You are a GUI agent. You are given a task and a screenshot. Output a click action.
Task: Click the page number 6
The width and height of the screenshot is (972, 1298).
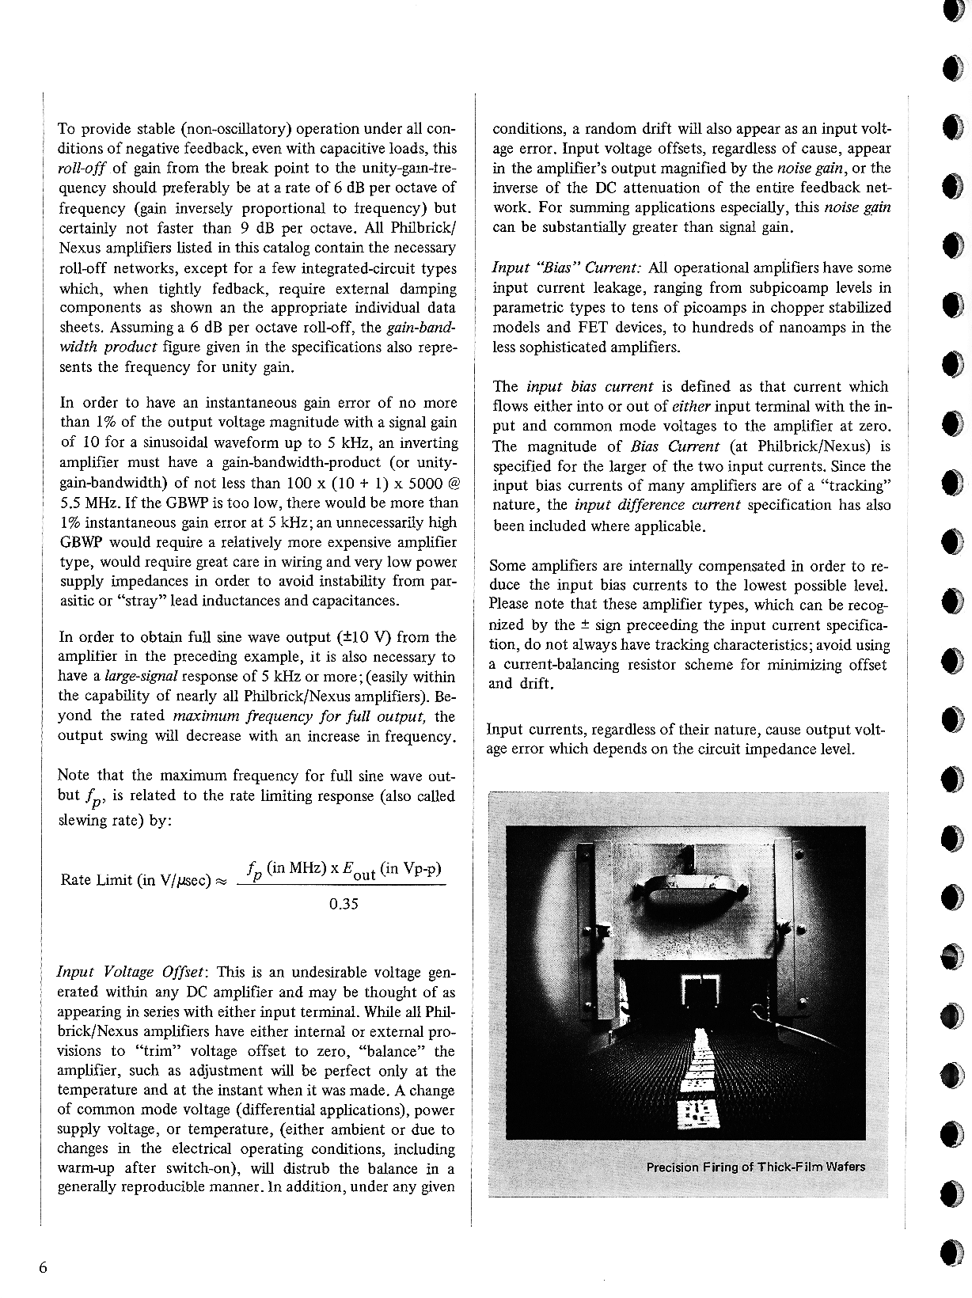coord(43,1267)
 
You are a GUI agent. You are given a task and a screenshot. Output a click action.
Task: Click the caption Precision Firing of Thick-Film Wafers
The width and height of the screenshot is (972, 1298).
coord(755,1167)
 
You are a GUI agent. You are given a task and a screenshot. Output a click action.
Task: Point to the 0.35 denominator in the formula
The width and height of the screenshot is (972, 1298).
coord(344,903)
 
